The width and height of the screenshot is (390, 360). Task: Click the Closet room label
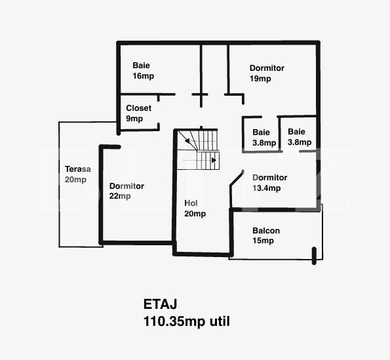[138, 108]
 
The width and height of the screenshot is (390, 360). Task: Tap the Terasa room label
[77, 169]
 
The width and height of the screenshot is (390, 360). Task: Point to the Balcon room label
[266, 231]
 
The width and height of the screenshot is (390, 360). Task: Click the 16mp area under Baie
[143, 76]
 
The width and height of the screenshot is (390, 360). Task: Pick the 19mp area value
[260, 79]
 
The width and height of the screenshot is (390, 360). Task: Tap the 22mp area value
[120, 196]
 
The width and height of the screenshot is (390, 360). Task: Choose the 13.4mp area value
[266, 188]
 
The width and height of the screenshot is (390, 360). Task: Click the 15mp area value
[263, 241]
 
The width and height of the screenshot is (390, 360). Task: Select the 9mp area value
[134, 119]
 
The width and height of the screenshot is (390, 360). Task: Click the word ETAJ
[161, 304]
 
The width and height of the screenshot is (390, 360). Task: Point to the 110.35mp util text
[187, 321]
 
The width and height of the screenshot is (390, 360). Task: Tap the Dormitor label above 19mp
[267, 68]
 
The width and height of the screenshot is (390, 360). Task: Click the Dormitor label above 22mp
[127, 186]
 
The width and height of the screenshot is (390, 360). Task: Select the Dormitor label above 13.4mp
[269, 178]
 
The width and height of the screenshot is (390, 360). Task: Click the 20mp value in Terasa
[75, 180]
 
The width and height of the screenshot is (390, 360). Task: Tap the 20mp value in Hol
[195, 214]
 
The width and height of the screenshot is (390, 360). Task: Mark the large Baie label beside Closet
[141, 66]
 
